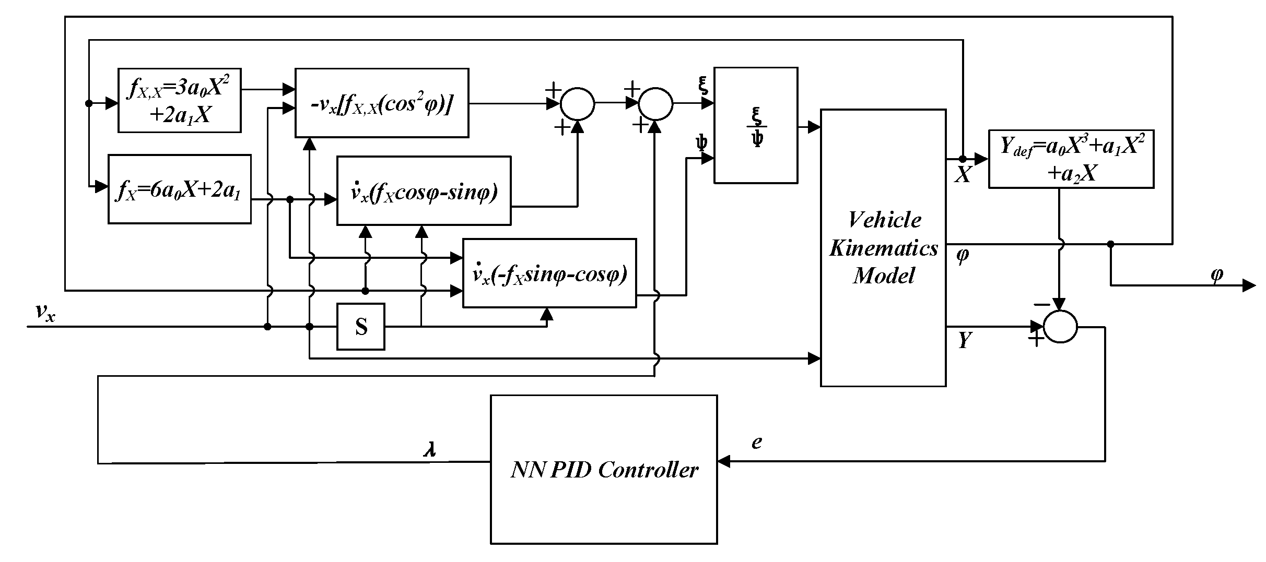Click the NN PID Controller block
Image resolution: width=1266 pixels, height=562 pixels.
(x=604, y=469)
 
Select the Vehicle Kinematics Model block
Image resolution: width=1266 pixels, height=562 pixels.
(x=883, y=247)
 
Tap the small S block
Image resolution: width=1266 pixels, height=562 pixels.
(x=361, y=327)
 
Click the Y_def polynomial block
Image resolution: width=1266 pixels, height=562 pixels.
(x=1071, y=159)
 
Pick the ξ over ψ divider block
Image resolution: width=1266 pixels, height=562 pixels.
(x=756, y=125)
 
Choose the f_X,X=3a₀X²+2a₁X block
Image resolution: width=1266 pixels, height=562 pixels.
(x=179, y=100)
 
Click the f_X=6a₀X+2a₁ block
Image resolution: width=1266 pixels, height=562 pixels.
(x=179, y=189)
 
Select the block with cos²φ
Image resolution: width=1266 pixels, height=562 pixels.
(x=382, y=103)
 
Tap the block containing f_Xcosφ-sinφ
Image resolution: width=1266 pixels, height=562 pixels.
(x=424, y=190)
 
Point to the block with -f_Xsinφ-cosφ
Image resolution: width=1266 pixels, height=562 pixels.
(x=549, y=273)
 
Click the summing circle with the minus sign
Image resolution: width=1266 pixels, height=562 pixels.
(x=1060, y=327)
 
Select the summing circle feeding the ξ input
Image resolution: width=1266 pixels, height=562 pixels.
(x=656, y=103)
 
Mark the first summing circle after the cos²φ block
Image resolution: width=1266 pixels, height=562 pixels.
(x=577, y=103)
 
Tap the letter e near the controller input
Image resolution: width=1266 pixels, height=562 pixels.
(x=757, y=442)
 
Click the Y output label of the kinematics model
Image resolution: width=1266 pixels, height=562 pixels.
(x=964, y=341)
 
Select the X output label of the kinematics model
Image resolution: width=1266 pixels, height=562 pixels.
(x=963, y=176)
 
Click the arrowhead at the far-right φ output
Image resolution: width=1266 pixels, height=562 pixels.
(x=1249, y=285)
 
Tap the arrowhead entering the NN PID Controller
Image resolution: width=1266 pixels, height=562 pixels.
(x=724, y=461)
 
